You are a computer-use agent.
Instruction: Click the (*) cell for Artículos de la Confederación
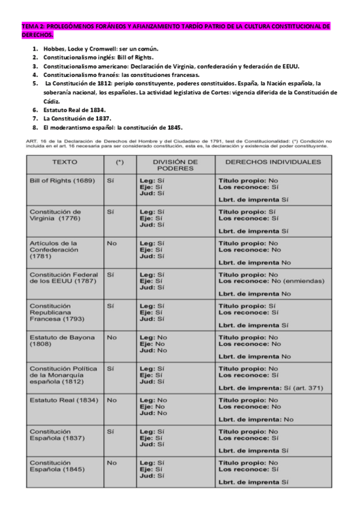click(x=111, y=243)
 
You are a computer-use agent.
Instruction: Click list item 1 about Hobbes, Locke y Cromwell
click(x=101, y=48)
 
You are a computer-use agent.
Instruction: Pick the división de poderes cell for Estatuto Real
click(x=153, y=407)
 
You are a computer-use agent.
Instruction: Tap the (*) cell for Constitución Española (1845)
click(x=111, y=462)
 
